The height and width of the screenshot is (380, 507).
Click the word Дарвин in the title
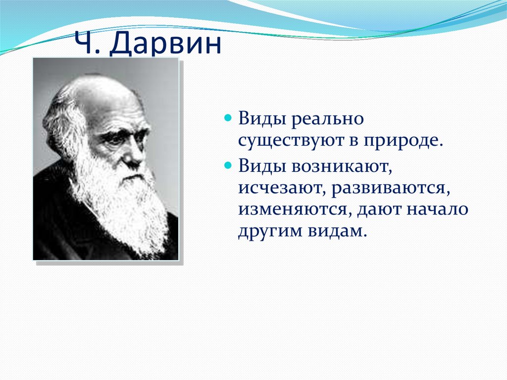click(165, 43)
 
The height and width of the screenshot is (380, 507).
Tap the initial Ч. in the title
click(87, 43)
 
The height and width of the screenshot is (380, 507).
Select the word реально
click(328, 119)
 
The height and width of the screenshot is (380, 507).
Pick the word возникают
click(342, 166)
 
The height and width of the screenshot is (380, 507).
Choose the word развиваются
click(391, 188)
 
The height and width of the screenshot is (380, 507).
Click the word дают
click(378, 210)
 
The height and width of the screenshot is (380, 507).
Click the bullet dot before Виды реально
click(228, 117)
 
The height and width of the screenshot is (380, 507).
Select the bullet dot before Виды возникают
click(228, 165)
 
